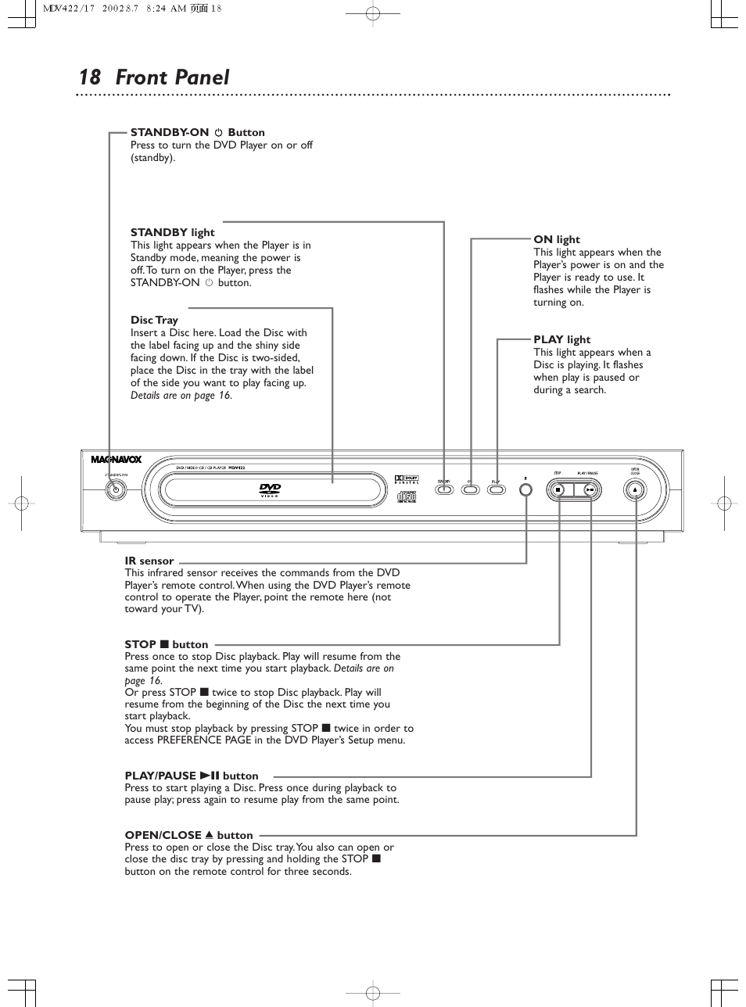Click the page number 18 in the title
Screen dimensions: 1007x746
click(x=90, y=77)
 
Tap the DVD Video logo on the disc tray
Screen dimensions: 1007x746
click(x=270, y=490)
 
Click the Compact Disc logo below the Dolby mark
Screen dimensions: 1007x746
click(x=407, y=496)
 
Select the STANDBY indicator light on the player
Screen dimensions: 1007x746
click(x=444, y=490)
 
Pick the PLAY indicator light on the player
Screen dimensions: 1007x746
click(x=497, y=490)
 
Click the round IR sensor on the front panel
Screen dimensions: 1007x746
click(x=526, y=489)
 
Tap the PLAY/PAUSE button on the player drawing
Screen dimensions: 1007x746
click(x=590, y=490)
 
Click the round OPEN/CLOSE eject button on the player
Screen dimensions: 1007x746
click(x=636, y=489)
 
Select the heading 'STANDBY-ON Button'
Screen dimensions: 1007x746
click(x=197, y=133)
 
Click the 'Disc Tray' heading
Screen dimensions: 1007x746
click(x=154, y=321)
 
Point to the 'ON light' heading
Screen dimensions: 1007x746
click(x=557, y=240)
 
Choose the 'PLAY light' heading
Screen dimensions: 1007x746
click(x=561, y=340)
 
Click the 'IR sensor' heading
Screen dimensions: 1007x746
click(x=149, y=561)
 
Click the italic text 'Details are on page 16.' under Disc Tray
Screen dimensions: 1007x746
click(x=181, y=396)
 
